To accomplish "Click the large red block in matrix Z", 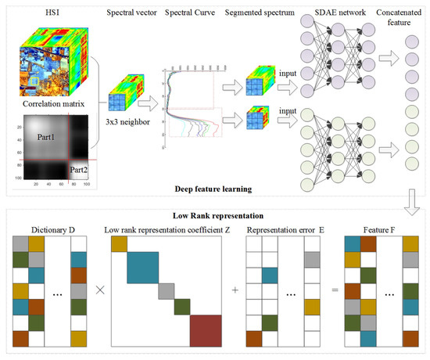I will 206,329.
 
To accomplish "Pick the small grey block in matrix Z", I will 166,290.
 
